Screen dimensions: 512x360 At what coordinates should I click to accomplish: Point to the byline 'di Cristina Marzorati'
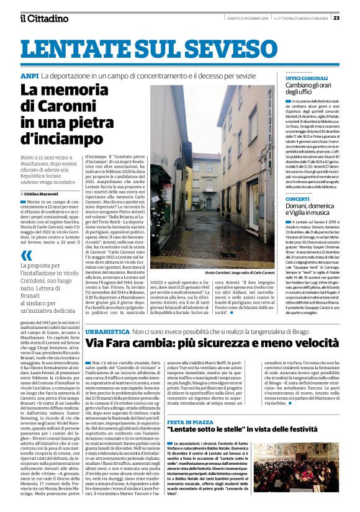click(43, 194)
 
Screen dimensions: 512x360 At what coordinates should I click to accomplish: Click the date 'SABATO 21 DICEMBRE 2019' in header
click(243, 17)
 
